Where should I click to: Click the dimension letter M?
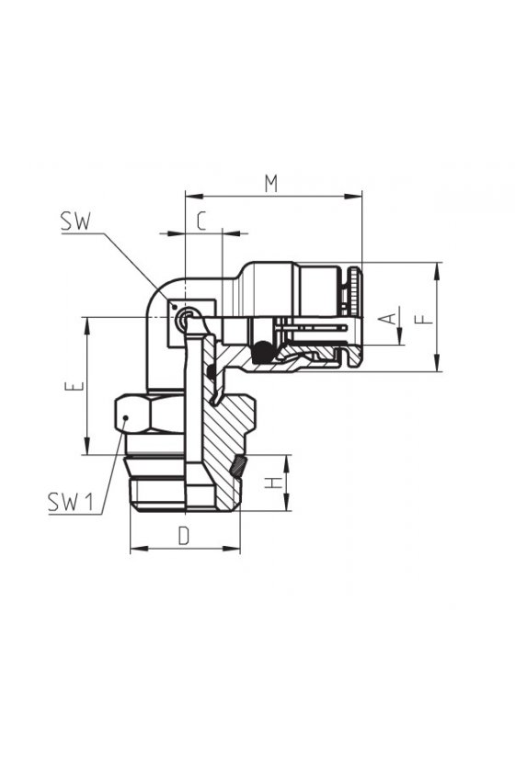[271, 183]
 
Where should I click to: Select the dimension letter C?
[201, 221]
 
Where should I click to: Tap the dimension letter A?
[390, 319]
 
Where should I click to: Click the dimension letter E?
[74, 386]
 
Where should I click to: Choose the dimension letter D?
[184, 536]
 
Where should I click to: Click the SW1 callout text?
[71, 502]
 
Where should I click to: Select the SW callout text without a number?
[75, 221]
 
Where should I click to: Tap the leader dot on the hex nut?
[126, 417]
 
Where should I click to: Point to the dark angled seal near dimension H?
[238, 466]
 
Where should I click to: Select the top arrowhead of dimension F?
[437, 271]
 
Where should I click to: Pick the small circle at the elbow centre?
[188, 316]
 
